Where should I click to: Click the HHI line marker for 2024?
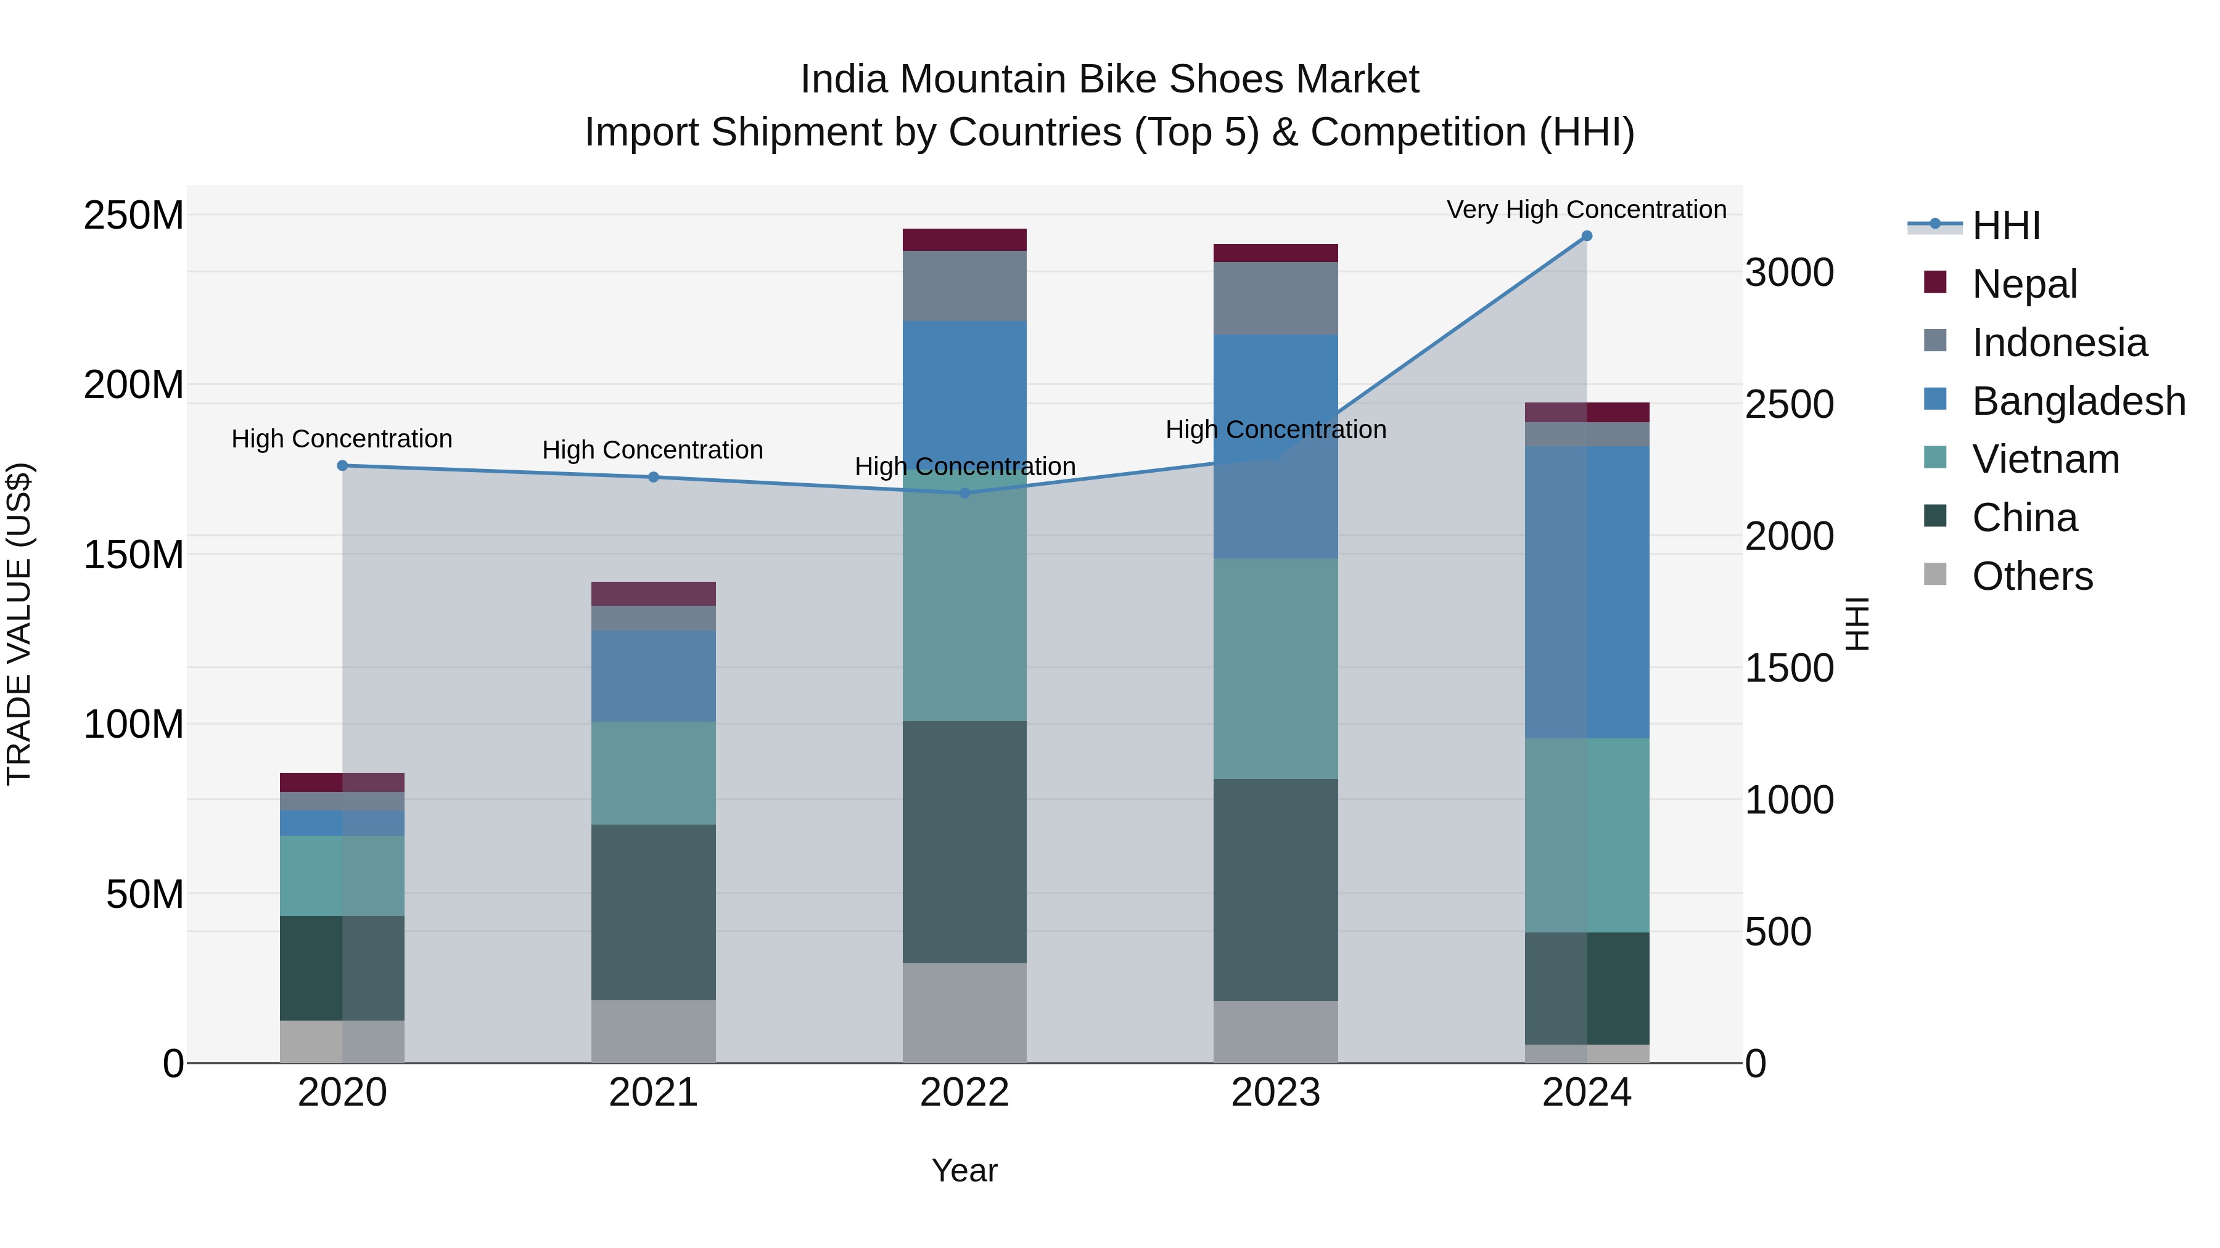pos(1587,236)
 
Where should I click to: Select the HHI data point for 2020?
pos(342,465)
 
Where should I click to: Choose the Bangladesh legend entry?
pos(2078,401)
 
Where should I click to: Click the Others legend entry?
pos(2031,576)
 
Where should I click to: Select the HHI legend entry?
pos(2005,226)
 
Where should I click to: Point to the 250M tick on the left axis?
pos(134,214)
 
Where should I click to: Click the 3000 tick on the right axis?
pos(1789,273)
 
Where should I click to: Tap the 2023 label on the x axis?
pos(1275,1093)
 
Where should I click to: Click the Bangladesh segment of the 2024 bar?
pos(1587,592)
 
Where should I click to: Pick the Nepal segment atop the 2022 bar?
pos(964,240)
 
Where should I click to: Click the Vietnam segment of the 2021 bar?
pos(653,773)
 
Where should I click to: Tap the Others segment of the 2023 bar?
pos(1275,1031)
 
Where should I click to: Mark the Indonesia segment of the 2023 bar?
pos(1275,298)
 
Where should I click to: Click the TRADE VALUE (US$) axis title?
pos(19,624)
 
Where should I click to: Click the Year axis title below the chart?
pos(964,1170)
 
